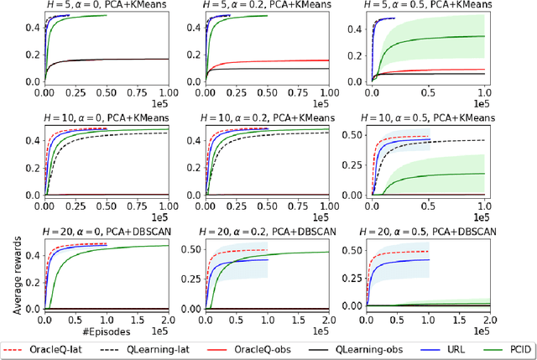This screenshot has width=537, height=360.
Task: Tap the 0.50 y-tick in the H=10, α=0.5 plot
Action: coord(349,136)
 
